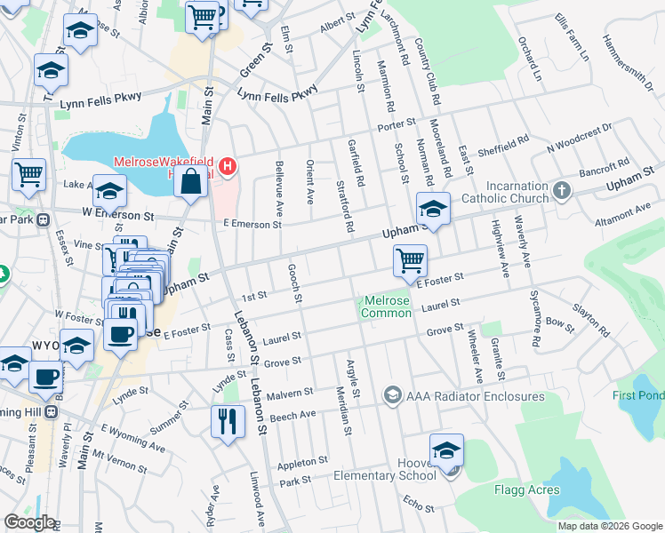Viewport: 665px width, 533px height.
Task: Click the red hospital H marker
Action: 228,165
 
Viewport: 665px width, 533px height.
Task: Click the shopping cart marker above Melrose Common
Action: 410,260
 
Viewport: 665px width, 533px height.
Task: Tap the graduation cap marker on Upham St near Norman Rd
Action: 433,209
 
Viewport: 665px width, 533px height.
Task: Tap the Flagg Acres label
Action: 527,489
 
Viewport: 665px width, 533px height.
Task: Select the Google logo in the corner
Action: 29,522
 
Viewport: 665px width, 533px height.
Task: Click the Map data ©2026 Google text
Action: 610,526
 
